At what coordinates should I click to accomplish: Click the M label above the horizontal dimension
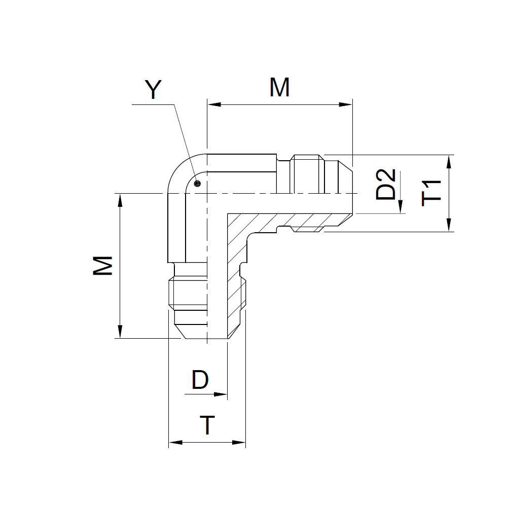coord(279,87)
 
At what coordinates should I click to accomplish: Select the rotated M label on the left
coord(102,266)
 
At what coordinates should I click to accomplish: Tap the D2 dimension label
coord(385,185)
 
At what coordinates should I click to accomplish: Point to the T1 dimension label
coord(431,193)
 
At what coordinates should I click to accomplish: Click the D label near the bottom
coord(200,380)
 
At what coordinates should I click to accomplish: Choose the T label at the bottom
coord(207,425)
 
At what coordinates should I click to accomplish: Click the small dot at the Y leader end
coord(197,184)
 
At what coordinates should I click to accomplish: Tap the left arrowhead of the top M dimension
coord(214,104)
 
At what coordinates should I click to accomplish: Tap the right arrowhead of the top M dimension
coord(345,104)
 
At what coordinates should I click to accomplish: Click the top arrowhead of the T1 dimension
coord(449,162)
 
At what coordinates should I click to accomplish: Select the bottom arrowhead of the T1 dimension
coord(449,225)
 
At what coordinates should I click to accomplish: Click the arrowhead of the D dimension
coord(221,394)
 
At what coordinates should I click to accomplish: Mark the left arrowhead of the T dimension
coord(175,442)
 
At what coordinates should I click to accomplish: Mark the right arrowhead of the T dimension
coord(239,442)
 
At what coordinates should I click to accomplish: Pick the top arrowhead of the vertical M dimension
coord(120,200)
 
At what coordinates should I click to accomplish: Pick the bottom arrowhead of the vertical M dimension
coord(120,332)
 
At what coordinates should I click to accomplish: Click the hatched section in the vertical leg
coord(236,275)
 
